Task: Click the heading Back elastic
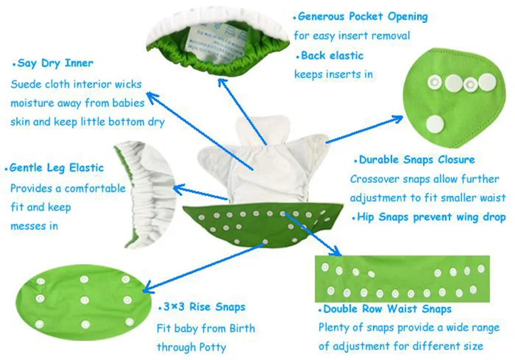pyautogui.click(x=332, y=55)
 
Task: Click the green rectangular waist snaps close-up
pyautogui.click(x=402, y=278)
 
